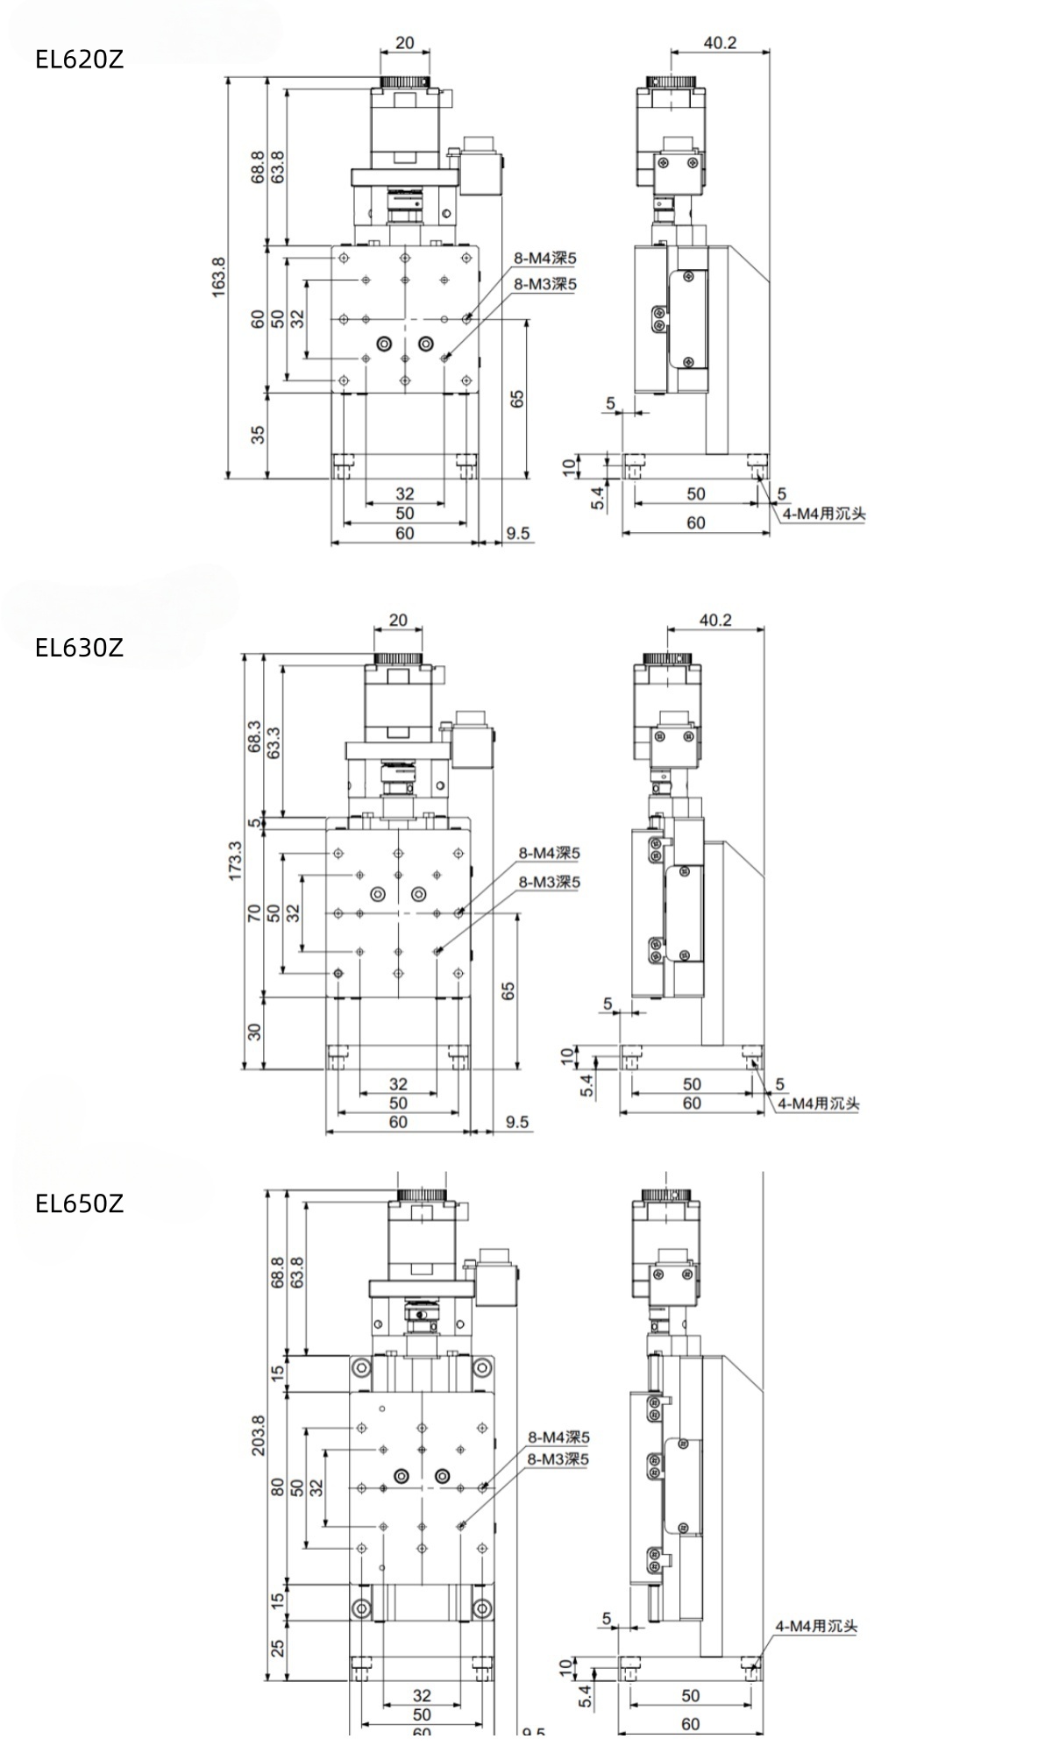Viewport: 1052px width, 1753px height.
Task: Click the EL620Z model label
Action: coord(79,60)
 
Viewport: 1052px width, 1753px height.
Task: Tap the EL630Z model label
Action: coord(79,648)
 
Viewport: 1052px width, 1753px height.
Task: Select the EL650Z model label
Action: coord(79,1203)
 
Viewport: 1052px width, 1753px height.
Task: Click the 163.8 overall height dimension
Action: coord(218,276)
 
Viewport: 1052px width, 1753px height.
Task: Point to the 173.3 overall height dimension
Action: coord(233,861)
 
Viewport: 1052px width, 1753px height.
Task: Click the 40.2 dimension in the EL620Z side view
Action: coord(720,42)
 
